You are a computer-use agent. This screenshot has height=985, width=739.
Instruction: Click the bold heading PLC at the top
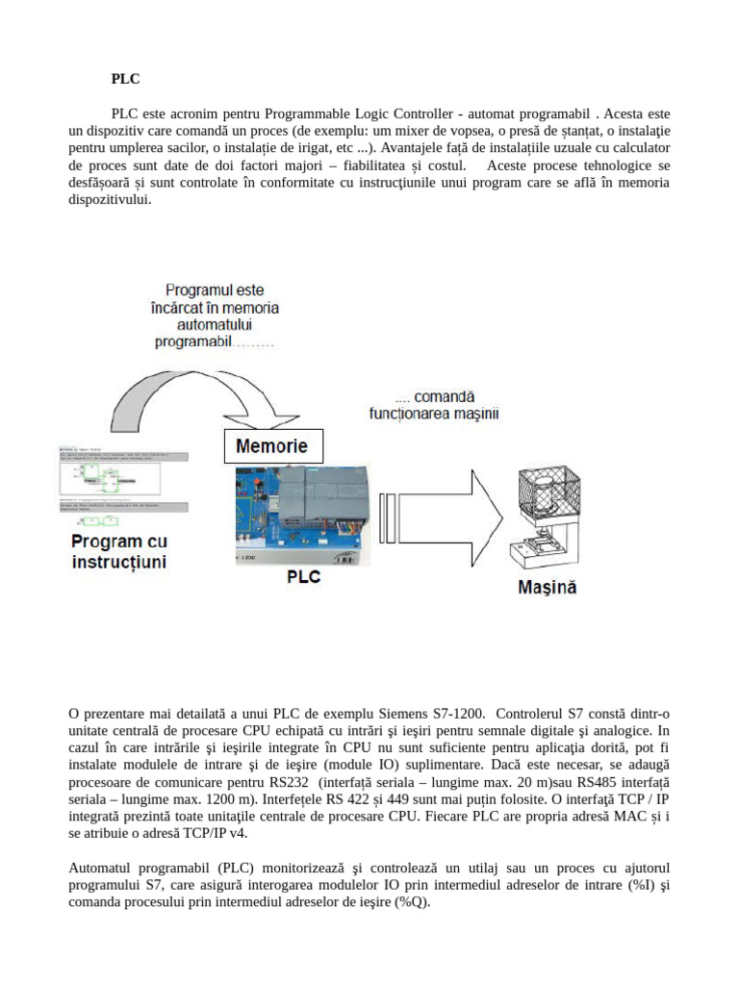[125, 81]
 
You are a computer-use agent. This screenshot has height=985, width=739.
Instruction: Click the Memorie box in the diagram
[272, 446]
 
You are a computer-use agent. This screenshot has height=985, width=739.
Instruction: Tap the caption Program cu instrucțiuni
[119, 551]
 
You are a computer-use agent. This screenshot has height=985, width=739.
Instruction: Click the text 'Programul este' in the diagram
[215, 290]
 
